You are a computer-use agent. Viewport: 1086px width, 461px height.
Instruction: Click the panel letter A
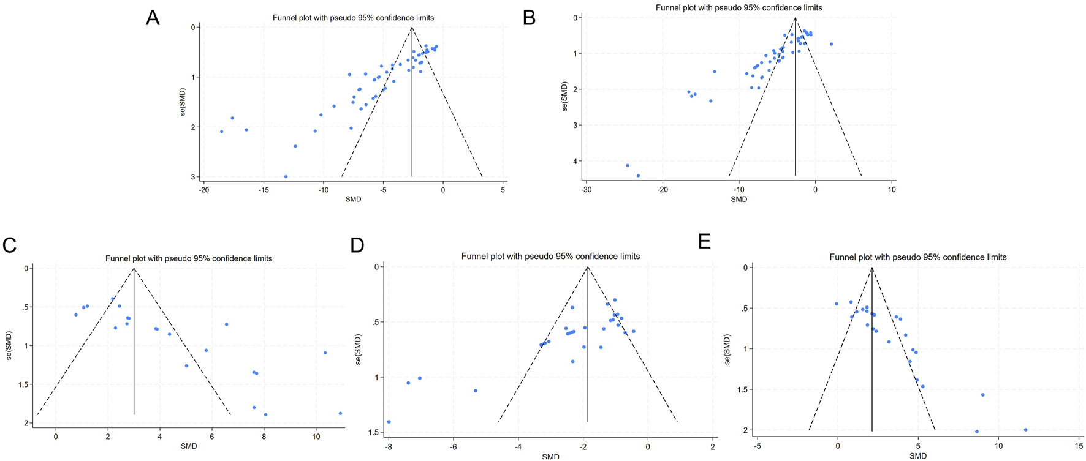(x=153, y=18)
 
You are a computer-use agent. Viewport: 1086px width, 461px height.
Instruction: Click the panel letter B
(x=530, y=18)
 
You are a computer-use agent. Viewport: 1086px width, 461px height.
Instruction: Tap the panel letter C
(x=9, y=245)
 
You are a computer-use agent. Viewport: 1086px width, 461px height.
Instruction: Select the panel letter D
(x=357, y=245)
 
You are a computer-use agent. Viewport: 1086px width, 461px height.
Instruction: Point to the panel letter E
(x=705, y=241)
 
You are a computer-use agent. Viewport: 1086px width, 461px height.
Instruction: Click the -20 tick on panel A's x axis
(x=203, y=190)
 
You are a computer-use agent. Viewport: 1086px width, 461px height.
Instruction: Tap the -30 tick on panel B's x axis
(x=586, y=190)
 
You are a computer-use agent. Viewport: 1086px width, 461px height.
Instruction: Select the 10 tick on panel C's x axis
(x=316, y=437)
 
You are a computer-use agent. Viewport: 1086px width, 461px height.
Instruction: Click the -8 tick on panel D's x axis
(x=389, y=447)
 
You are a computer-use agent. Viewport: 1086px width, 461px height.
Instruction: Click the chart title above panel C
(x=189, y=258)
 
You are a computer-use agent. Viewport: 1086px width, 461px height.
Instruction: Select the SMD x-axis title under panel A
(x=353, y=200)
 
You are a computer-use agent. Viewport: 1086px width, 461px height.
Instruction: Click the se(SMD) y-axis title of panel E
(x=727, y=349)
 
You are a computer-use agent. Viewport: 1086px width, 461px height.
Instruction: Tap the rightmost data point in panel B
(x=831, y=44)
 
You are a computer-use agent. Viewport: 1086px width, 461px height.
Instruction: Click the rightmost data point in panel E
(x=1025, y=430)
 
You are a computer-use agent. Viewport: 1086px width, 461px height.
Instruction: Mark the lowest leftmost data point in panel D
(x=389, y=422)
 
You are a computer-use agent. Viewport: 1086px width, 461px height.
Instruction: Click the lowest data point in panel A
(x=286, y=176)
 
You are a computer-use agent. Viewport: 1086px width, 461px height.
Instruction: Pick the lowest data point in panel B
(x=638, y=176)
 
